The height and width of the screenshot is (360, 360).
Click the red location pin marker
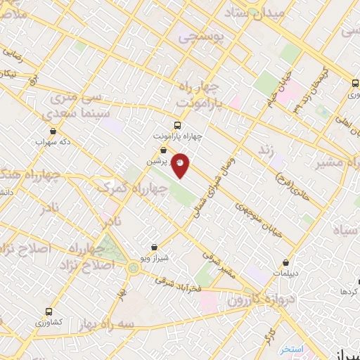[180, 164]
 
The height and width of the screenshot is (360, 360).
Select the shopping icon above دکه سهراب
[53, 131]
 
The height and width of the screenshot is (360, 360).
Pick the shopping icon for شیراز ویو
[155, 247]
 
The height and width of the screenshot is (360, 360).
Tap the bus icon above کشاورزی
[49, 311]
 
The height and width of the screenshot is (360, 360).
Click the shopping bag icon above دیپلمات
[285, 262]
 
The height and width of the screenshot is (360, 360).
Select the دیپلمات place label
[285, 272]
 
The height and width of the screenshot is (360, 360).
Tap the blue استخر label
[290, 349]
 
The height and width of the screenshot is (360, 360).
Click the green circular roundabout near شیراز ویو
[133, 266]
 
